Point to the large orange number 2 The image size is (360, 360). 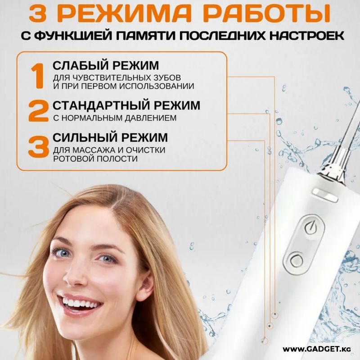38,111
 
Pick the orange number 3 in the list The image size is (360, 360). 38,146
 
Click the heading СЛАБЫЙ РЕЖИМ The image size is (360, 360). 106,65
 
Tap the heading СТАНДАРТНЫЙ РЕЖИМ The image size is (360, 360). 126,105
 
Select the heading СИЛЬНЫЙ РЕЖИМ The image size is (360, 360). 110,137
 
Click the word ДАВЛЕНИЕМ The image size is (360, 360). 151,118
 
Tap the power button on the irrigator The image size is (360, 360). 310,227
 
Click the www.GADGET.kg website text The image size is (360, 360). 317,349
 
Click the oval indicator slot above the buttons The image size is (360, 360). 325,195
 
